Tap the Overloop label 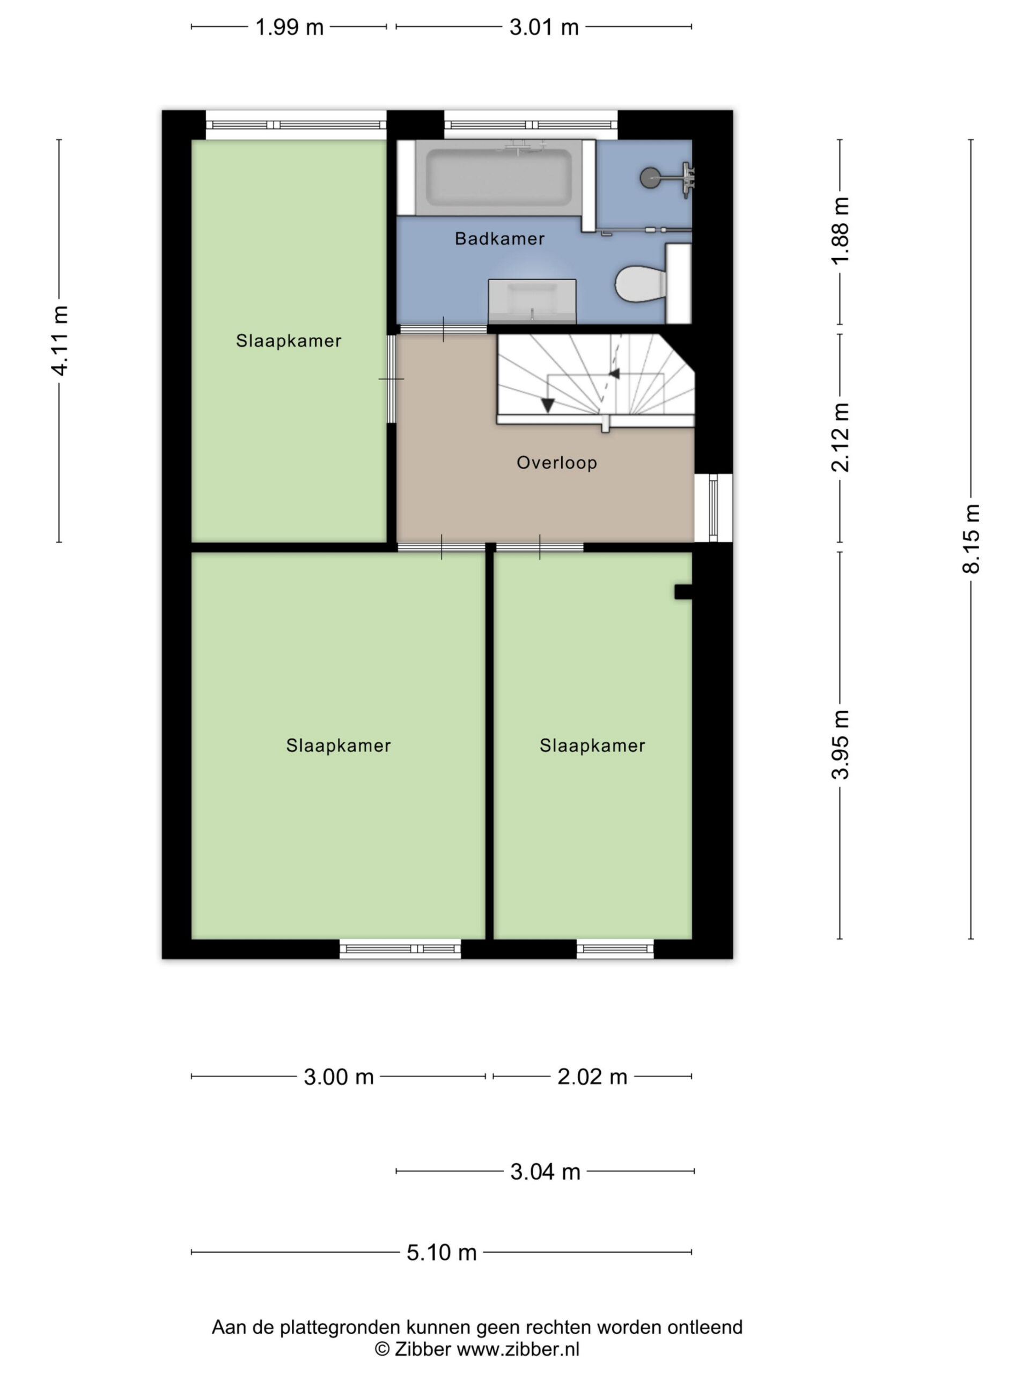pyautogui.click(x=557, y=463)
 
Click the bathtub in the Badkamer pyautogui.click(x=498, y=178)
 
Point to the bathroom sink pyautogui.click(x=532, y=301)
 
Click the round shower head pyautogui.click(x=650, y=178)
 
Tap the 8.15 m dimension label pyautogui.click(x=971, y=538)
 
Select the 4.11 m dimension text pyautogui.click(x=60, y=340)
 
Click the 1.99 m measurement pyautogui.click(x=289, y=27)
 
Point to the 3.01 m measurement pyautogui.click(x=544, y=27)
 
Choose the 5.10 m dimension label pyautogui.click(x=442, y=1252)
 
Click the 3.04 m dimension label pyautogui.click(x=545, y=1172)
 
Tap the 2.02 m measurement pyautogui.click(x=592, y=1077)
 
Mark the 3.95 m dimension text pyautogui.click(x=840, y=744)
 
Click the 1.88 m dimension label pyautogui.click(x=840, y=230)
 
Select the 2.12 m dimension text pyautogui.click(x=840, y=437)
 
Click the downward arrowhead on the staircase pyautogui.click(x=548, y=405)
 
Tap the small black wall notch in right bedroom pyautogui.click(x=683, y=591)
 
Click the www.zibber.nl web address pyautogui.click(x=518, y=1349)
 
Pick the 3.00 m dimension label pyautogui.click(x=339, y=1077)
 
